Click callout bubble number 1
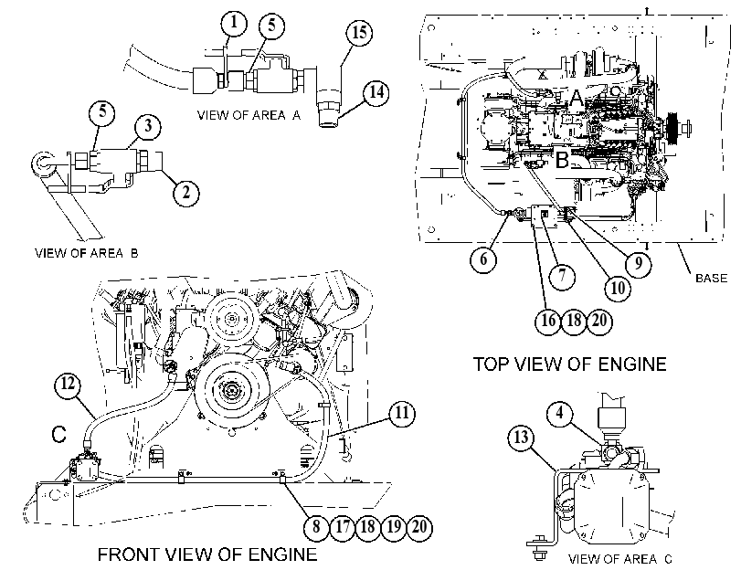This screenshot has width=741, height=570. tap(235, 24)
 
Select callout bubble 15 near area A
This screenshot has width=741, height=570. tap(359, 33)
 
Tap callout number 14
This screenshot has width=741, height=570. tap(376, 92)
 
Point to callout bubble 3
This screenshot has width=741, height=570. tap(148, 126)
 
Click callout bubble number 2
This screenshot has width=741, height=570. tap(185, 193)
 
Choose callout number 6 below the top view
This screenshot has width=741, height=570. tap(483, 259)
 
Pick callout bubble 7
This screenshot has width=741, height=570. tap(562, 276)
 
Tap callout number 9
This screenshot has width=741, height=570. tap(638, 263)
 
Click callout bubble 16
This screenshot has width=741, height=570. tap(548, 321)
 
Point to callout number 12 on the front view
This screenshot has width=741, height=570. tap(68, 385)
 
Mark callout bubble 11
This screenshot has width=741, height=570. tap(402, 414)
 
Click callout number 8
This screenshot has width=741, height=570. tap(316, 527)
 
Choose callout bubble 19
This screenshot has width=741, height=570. tap(394, 527)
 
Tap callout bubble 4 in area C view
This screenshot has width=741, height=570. tap(560, 414)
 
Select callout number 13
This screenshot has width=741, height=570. tap(521, 438)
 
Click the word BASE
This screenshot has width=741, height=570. tap(711, 278)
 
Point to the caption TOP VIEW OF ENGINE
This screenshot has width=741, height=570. tap(570, 364)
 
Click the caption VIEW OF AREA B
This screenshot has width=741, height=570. tap(87, 253)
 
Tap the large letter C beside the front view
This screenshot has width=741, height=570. tap(59, 434)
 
